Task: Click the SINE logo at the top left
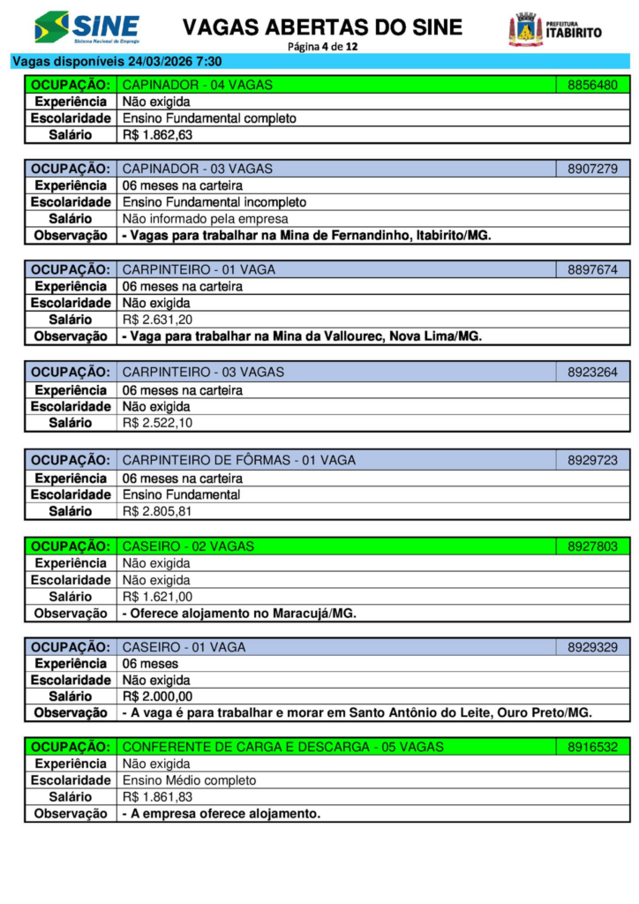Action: tap(86, 28)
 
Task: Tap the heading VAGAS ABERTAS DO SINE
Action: tap(322, 27)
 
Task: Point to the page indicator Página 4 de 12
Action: tap(322, 46)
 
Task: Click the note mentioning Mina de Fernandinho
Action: tap(305, 236)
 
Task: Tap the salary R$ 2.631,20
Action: tap(157, 320)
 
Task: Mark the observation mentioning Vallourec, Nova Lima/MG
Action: tap(301, 336)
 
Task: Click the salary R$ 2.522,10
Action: tap(157, 423)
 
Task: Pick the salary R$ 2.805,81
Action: tap(157, 511)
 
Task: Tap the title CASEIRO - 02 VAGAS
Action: tap(188, 546)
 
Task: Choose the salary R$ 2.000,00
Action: tap(157, 697)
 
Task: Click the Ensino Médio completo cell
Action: tap(189, 780)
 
